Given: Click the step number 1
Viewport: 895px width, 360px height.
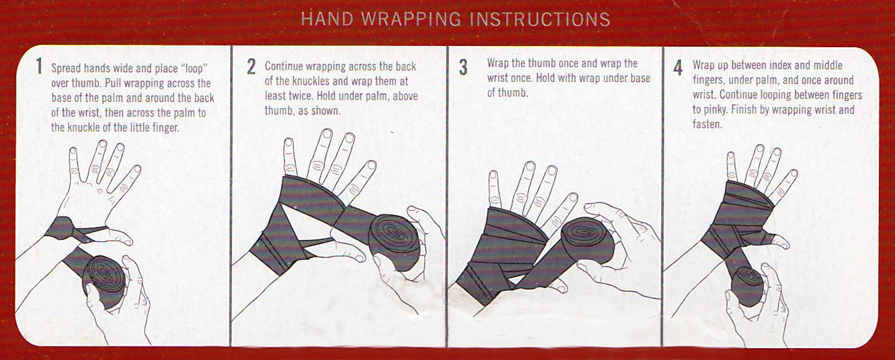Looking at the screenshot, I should [40, 67].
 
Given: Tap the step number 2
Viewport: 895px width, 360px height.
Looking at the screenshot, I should [251, 67].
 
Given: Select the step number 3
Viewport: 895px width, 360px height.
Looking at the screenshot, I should [463, 67].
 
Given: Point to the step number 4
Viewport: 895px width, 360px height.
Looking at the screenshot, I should [679, 67].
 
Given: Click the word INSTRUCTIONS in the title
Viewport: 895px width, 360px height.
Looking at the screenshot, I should [539, 19].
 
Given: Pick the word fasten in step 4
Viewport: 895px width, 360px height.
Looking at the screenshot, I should [707, 124].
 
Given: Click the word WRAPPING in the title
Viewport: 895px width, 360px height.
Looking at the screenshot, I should [409, 19].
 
